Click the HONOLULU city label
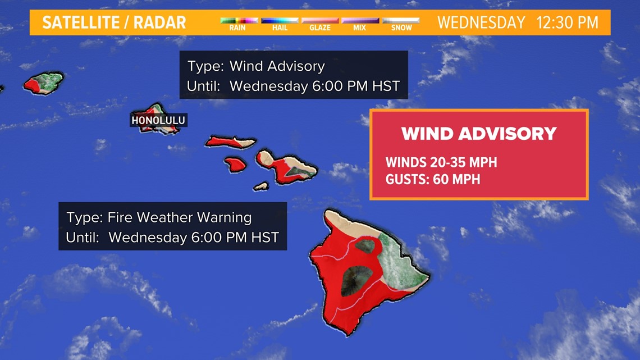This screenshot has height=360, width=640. pos(158,120)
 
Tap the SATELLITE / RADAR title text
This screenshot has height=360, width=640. pos(114,22)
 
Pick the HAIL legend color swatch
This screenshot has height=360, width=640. pos(280,20)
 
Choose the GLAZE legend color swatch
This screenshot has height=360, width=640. pos(320,20)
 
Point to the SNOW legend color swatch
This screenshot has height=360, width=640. pos(401,20)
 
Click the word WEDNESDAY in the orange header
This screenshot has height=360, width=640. pos(481,22)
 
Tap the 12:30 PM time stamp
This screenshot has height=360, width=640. pos(567,22)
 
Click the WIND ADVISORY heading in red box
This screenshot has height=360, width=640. pos(479,134)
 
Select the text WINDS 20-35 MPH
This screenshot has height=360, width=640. pos(441,163)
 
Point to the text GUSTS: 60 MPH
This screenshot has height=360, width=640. pos(432,180)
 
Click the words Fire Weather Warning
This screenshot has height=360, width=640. pos(180,217)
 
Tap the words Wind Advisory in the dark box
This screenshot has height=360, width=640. pos(277,66)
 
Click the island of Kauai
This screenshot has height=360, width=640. pos(44,83)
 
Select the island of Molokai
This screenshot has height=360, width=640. pos(230,142)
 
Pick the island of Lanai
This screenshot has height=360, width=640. pos(236,164)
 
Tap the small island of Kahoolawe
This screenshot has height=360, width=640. pos(261,185)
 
